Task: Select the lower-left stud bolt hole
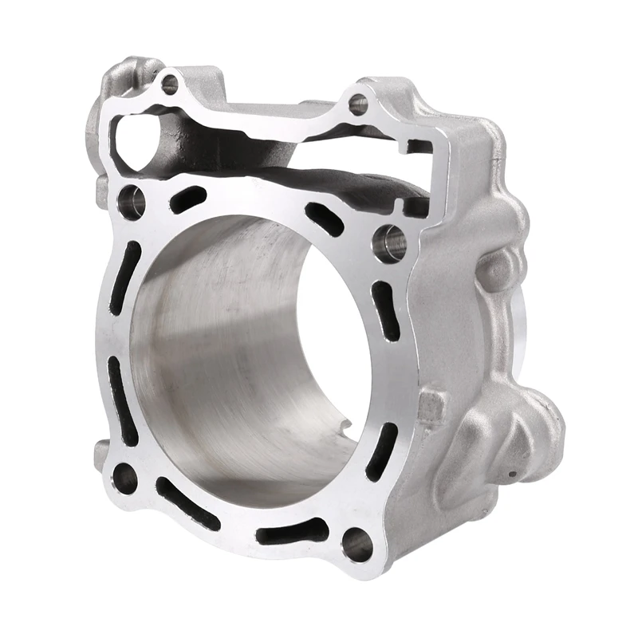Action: (125, 477)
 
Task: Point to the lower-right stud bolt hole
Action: (356, 544)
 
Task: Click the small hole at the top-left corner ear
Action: (169, 84)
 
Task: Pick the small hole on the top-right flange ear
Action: (358, 104)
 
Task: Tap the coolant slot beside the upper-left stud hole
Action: (188, 199)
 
